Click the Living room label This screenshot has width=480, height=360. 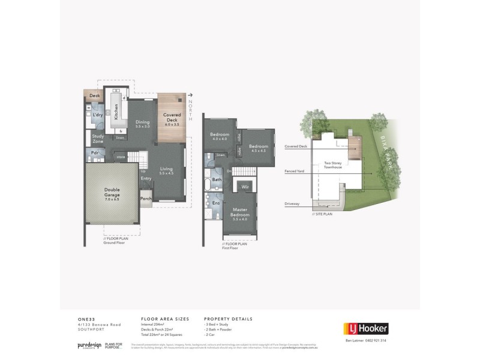(166, 171)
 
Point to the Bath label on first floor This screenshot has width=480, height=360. (217, 179)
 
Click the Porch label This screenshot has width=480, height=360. (145, 199)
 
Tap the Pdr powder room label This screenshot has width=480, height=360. (95, 152)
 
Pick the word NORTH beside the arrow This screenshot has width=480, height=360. (191, 110)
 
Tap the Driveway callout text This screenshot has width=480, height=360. (293, 204)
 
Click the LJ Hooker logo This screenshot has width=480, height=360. (365, 328)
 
